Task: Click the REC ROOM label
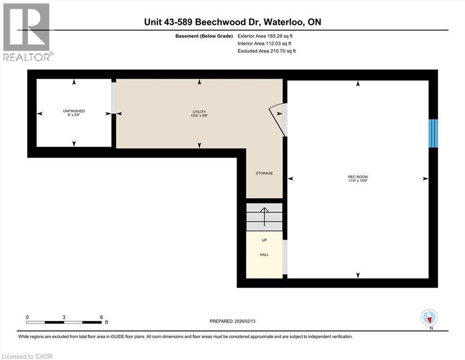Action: point(358,177)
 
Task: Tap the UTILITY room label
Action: point(199,112)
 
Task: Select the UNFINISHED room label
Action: point(74,111)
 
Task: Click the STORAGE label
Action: point(264,173)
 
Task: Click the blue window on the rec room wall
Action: point(434,133)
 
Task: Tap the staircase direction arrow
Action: point(264,216)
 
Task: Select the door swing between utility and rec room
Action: point(277,120)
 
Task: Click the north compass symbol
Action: point(429,318)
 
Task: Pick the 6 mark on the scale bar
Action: point(101,317)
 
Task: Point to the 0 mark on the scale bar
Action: point(28,317)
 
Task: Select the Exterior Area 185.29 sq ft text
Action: point(266,36)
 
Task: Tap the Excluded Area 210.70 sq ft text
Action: point(266,51)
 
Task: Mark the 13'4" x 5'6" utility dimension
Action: point(199,116)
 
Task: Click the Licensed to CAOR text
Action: point(27,356)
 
